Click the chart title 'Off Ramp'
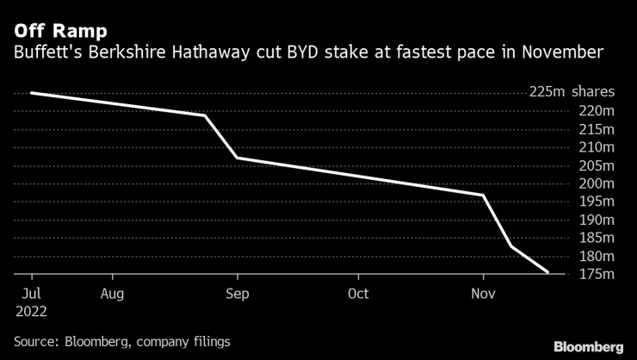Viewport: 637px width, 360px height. pos(59,31)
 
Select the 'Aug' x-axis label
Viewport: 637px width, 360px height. pos(112,294)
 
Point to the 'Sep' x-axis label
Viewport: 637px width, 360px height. pos(237,294)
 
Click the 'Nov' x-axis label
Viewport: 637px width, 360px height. pos(482,294)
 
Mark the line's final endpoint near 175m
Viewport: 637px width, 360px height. pos(547,272)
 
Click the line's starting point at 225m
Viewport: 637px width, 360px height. pos(31,93)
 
